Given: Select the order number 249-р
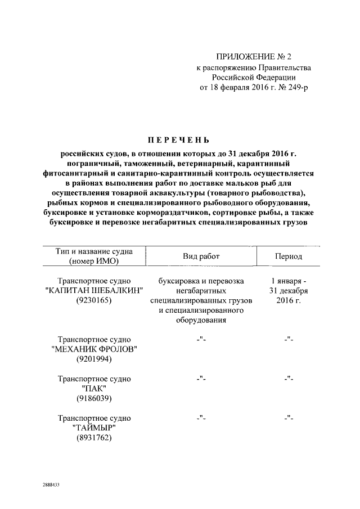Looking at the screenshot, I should [x=297, y=87].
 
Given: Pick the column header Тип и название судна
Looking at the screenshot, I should [x=94, y=251].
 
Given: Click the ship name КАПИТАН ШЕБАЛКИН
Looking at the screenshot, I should [x=94, y=290].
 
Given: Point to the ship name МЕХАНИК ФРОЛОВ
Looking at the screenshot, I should [x=94, y=349].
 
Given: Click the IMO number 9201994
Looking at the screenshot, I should [x=94, y=359].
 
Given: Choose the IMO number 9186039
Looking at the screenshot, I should [x=94, y=399].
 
